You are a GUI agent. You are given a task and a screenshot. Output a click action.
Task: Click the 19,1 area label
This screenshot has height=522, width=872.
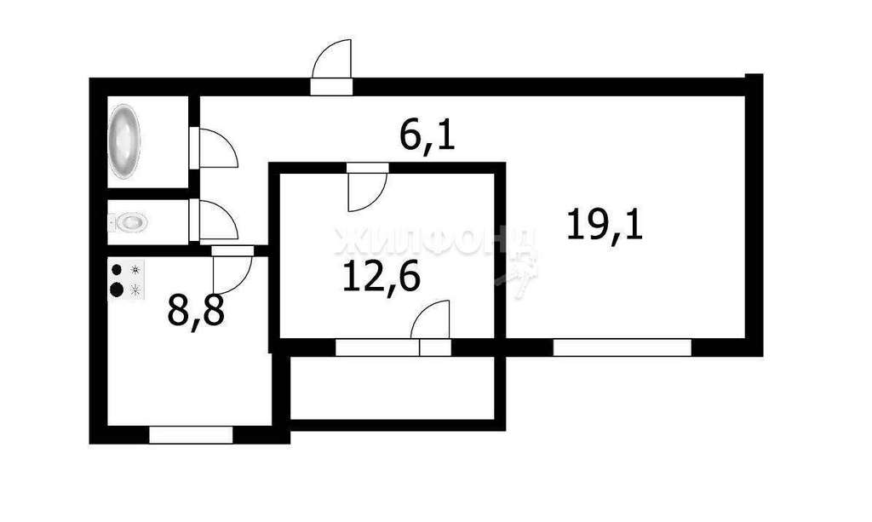pyautogui.click(x=605, y=227)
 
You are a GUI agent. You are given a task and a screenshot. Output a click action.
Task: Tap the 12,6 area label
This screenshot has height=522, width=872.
pyautogui.click(x=382, y=278)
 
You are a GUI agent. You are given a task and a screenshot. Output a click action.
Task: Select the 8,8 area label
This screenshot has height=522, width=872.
pyautogui.click(x=196, y=311)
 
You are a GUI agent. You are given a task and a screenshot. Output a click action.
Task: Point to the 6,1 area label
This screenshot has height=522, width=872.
pyautogui.click(x=428, y=136)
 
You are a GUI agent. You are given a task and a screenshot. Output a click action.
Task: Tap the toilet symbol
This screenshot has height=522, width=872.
pyautogui.click(x=129, y=222)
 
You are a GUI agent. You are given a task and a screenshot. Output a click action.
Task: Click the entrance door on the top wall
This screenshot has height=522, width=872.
pyautogui.click(x=333, y=67)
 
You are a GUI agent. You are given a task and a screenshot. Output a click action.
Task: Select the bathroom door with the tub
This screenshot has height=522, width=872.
pyautogui.click(x=216, y=149)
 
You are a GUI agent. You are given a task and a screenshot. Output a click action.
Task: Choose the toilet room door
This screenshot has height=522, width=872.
pyautogui.click(x=216, y=221)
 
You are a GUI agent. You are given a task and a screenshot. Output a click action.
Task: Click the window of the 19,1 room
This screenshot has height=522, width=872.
pyautogui.click(x=622, y=347)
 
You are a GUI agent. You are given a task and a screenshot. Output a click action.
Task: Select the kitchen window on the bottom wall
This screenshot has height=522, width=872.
pyautogui.click(x=191, y=434)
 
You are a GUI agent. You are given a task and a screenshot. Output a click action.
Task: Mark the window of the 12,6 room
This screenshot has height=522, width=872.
pyautogui.click(x=377, y=347)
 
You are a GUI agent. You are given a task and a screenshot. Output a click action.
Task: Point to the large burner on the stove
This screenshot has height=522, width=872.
pyautogui.click(x=117, y=289)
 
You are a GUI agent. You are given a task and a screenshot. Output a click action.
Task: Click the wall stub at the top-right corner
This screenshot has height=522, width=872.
pyautogui.click(x=754, y=83)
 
